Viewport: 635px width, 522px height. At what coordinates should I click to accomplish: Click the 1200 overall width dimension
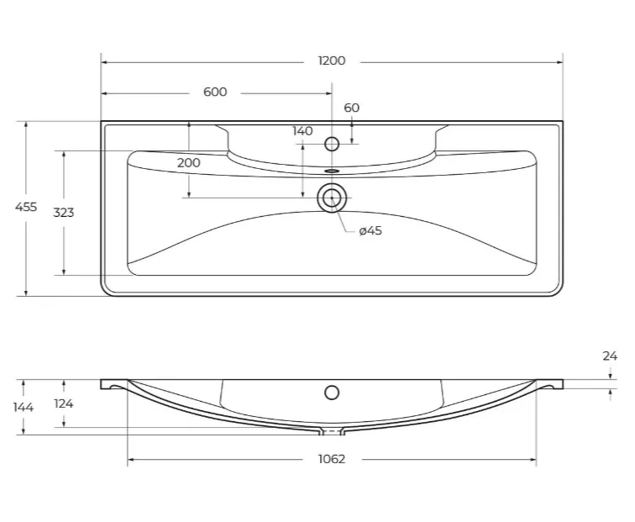click(x=332, y=61)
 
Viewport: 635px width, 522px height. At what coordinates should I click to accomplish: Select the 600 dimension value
click(x=215, y=92)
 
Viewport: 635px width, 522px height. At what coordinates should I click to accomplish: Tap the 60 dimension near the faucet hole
click(x=351, y=108)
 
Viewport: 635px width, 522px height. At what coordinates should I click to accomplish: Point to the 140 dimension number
click(x=302, y=131)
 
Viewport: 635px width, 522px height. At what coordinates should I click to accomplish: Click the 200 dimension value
click(x=189, y=163)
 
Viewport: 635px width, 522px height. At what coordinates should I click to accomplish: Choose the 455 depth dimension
click(x=26, y=207)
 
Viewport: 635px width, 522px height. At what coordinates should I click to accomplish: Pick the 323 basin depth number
click(x=64, y=213)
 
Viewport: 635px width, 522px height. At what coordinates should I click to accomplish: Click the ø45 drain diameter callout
click(x=370, y=230)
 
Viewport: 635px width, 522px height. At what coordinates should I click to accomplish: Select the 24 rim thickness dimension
click(x=610, y=356)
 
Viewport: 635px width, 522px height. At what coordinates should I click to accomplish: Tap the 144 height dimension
click(x=23, y=407)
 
